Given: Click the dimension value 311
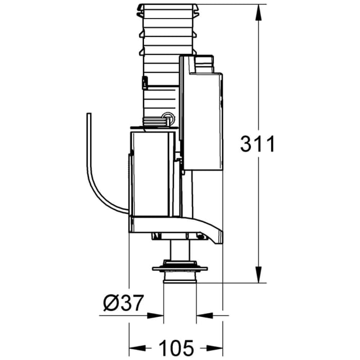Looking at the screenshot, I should click(x=258, y=144).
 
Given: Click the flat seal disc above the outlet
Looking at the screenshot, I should click(x=179, y=268).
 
